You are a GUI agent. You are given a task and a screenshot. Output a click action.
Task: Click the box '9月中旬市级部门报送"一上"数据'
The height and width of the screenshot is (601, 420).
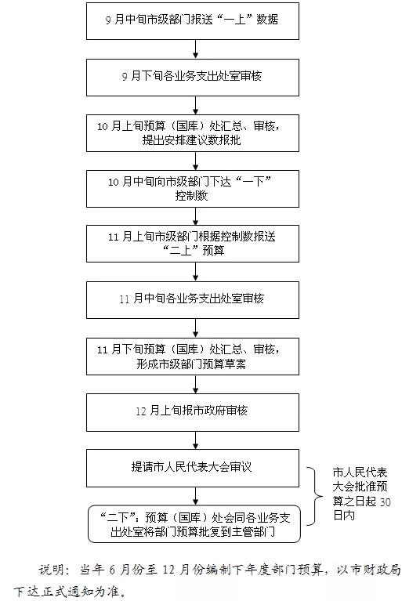(x=193, y=21)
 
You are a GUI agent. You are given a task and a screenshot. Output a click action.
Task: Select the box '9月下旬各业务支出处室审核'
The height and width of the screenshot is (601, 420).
(x=193, y=78)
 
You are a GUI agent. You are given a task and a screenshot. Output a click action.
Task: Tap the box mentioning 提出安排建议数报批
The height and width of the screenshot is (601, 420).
(x=193, y=133)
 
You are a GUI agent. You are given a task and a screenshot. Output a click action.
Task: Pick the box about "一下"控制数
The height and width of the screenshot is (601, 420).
(x=193, y=189)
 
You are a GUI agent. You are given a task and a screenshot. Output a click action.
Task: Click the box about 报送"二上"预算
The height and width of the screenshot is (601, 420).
(x=193, y=244)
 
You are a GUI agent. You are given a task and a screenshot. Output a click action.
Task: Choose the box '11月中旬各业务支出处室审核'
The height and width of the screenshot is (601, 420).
(x=193, y=300)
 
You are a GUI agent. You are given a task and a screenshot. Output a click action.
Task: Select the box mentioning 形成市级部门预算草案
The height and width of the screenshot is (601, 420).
(x=193, y=357)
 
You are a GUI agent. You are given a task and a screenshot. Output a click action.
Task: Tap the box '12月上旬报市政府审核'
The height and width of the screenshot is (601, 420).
(x=193, y=413)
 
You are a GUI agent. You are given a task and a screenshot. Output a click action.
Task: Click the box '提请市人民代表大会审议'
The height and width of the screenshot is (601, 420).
(x=193, y=469)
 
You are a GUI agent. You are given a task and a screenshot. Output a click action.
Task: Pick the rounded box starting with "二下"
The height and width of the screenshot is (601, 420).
(x=194, y=524)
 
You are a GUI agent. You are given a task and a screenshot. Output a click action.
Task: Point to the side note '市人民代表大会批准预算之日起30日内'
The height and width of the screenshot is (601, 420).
(x=361, y=494)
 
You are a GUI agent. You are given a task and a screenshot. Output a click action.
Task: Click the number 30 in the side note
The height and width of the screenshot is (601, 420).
(x=385, y=501)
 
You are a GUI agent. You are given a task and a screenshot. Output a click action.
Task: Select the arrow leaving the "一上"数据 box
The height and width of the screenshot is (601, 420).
(x=195, y=49)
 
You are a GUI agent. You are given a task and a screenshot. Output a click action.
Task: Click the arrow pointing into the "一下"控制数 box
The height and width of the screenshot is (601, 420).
(x=195, y=161)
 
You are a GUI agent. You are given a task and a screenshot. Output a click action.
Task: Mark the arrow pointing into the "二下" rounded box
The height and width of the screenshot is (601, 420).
(x=195, y=496)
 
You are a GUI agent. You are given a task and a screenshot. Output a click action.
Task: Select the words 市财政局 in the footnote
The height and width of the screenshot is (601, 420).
(x=376, y=570)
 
